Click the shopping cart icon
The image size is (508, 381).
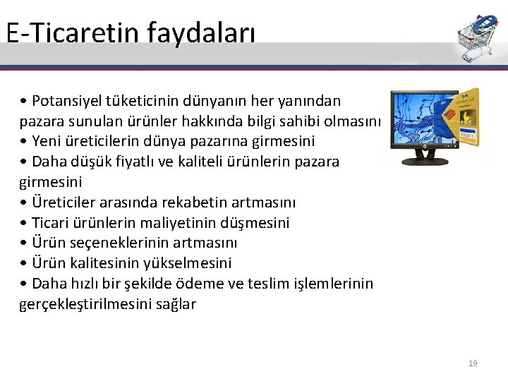(477, 37)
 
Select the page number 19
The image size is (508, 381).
(473, 363)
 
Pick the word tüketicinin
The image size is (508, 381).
(145, 101)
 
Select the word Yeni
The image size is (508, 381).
(47, 141)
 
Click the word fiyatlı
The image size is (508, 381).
(145, 162)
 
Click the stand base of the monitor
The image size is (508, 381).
(425, 162)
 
